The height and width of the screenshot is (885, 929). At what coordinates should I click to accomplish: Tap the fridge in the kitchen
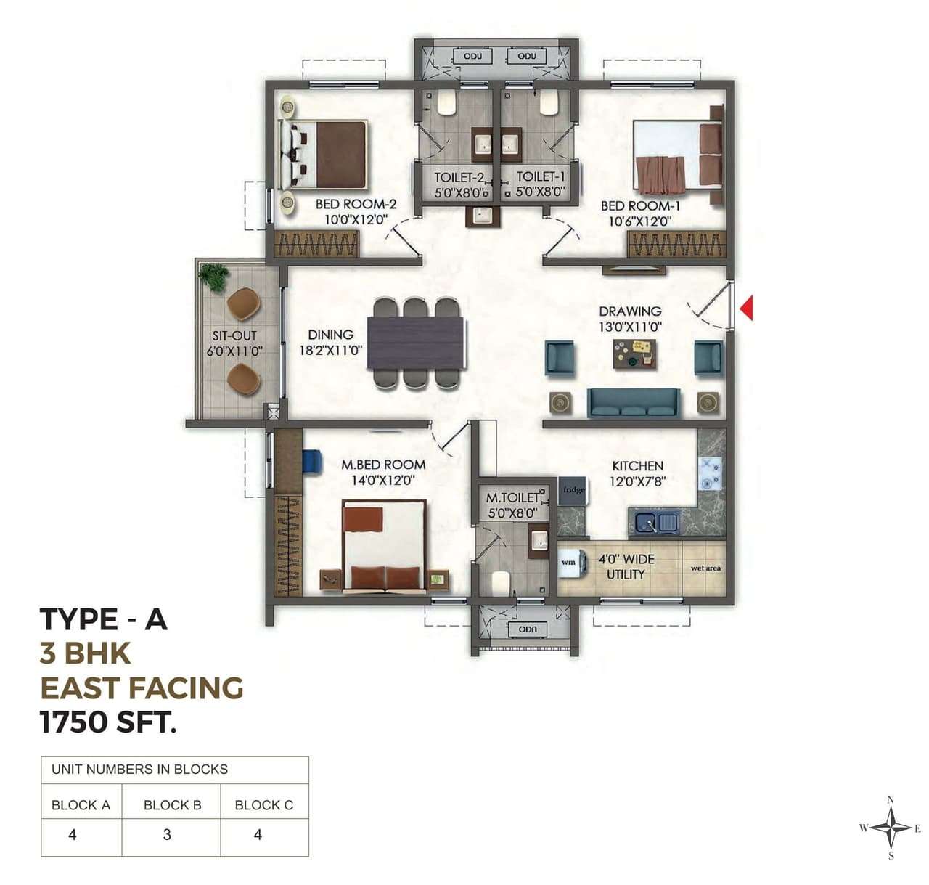pos(573,492)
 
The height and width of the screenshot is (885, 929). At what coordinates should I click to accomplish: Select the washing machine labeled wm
pos(570,562)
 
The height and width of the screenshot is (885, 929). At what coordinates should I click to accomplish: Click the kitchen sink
pos(656,522)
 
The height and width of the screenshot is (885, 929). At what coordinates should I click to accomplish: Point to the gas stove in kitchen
pos(709,473)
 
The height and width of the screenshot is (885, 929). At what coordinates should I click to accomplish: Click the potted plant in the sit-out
pos(214,276)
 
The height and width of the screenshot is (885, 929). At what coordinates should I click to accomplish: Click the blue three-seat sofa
pos(634,402)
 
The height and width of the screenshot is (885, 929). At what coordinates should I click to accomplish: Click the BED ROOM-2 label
pos(356,205)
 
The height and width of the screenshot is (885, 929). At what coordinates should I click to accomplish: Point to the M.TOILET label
pos(512,498)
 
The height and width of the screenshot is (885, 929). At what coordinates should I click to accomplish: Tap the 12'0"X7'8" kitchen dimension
pos(637,481)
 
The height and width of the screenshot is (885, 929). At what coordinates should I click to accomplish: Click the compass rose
pos(891,828)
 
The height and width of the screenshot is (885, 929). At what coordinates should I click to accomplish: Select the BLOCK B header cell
pos(172,804)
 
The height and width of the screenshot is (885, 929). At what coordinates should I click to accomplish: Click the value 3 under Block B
pos(168,835)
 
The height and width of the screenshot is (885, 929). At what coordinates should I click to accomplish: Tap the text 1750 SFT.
pos(108,722)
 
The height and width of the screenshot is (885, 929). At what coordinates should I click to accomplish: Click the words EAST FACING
pos(142,688)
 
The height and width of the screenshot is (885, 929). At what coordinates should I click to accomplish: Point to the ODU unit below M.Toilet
pos(527,629)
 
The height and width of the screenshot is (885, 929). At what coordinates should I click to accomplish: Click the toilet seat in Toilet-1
pos(548,102)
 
